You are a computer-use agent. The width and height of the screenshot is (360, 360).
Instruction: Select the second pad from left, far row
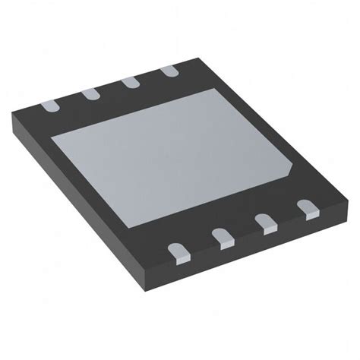pos(90,93)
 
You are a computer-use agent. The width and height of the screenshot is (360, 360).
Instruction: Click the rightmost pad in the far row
pos(170,71)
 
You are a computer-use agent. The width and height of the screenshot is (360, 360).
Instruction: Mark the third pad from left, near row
pos(266,222)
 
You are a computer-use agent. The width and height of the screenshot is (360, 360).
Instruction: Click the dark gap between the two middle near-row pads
pos(245,231)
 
